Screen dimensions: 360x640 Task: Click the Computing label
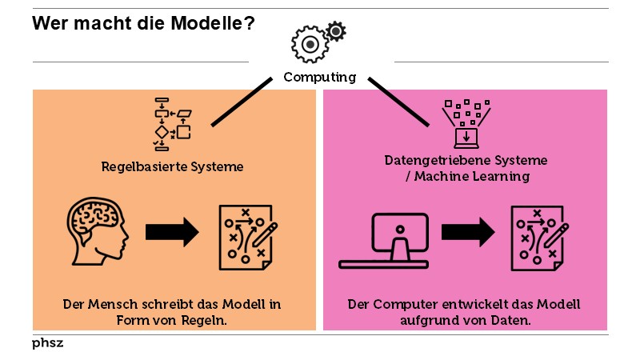[320, 78]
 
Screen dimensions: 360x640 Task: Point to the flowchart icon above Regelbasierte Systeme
[172, 124]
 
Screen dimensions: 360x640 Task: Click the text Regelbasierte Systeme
[172, 167]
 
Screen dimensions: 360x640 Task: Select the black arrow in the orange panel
[172, 233]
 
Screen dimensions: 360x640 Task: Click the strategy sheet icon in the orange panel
[248, 236]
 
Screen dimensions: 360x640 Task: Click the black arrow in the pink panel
[468, 233]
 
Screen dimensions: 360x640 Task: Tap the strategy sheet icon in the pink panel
[540, 236]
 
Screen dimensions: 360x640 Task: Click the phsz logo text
[47, 342]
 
